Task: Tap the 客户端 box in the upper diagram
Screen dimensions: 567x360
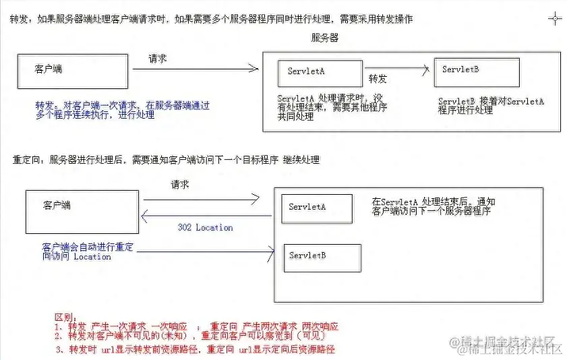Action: coord(72,71)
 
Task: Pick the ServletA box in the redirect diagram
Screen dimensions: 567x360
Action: coord(317,208)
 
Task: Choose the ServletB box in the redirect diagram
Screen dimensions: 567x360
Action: coord(322,258)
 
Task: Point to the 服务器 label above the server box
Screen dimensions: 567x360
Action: coord(325,38)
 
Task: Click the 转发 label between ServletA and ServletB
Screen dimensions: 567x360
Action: coord(378,79)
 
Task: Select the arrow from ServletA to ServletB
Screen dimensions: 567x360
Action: coord(398,67)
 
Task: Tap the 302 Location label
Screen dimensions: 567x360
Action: coord(205,228)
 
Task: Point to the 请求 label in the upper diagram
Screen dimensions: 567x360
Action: coord(158,59)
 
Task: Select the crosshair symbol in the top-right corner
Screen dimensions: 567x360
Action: coord(555,18)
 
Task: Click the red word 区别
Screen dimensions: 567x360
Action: coord(63,316)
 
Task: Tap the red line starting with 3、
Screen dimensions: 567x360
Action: coord(196,350)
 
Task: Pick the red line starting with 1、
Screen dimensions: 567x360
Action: coord(196,326)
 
